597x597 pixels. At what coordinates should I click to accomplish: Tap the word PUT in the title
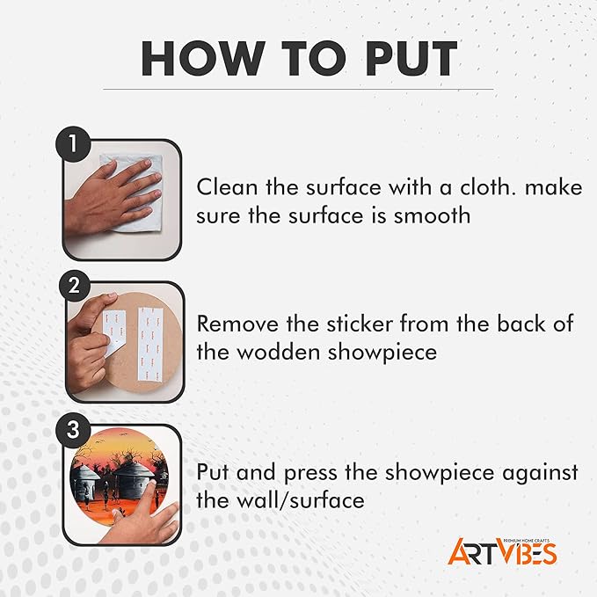point(411,58)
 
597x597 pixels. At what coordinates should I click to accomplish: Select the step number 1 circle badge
point(73,144)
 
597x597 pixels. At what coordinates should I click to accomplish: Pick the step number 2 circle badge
point(74,285)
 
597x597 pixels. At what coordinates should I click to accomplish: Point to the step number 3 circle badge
point(74,429)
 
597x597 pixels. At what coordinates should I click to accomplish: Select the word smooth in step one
point(432,216)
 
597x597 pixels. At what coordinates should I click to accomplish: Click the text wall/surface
point(301,500)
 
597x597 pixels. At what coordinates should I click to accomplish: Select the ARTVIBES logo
point(502,551)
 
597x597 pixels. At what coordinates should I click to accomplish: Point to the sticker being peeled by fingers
point(113,332)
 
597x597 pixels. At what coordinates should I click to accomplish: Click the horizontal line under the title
point(298,90)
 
